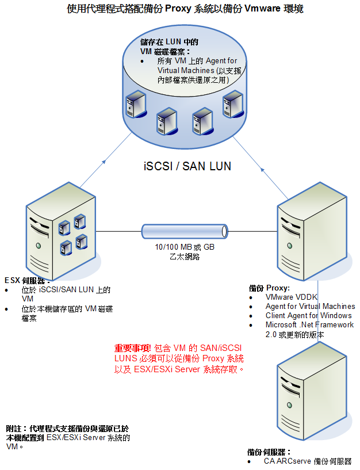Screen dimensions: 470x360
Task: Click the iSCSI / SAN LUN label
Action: coord(186,166)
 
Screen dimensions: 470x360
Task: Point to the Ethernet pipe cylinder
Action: coord(182,232)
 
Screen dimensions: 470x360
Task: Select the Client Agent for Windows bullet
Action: coord(308,315)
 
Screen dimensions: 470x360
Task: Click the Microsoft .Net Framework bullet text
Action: coord(309,324)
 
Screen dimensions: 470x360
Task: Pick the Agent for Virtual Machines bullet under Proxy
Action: coord(310,307)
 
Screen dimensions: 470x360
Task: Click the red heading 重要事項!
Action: coord(133,348)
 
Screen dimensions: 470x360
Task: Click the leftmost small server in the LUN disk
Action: coord(136,104)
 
